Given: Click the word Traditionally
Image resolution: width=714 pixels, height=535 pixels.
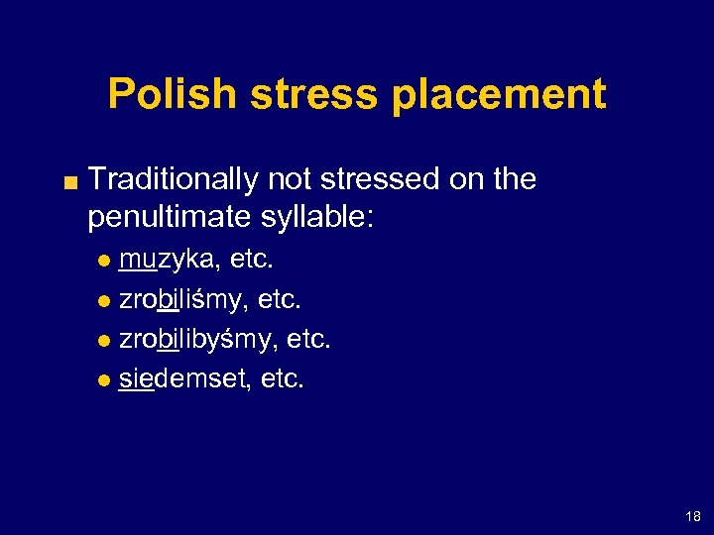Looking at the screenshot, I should coord(174,179).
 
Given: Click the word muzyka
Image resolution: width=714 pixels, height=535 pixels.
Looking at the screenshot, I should coord(168,261).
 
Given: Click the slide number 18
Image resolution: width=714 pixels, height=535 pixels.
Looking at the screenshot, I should coord(692,516).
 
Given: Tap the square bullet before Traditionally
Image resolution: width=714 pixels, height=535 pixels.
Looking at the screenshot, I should coord(65,180).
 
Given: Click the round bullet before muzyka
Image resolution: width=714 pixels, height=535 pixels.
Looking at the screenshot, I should coord(107,262).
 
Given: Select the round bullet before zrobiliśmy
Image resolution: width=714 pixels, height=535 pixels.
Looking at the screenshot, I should coord(107,300).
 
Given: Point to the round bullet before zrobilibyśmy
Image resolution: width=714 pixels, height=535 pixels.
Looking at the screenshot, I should coord(107,340).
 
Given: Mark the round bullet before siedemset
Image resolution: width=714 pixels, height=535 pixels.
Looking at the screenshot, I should coord(107,378).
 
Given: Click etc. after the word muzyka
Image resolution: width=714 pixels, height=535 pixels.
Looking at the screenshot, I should coord(252,261).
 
